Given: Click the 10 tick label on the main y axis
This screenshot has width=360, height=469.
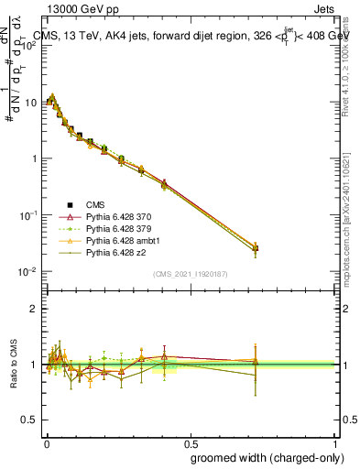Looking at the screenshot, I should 29,102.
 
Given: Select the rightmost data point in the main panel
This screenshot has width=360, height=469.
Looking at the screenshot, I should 256,248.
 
